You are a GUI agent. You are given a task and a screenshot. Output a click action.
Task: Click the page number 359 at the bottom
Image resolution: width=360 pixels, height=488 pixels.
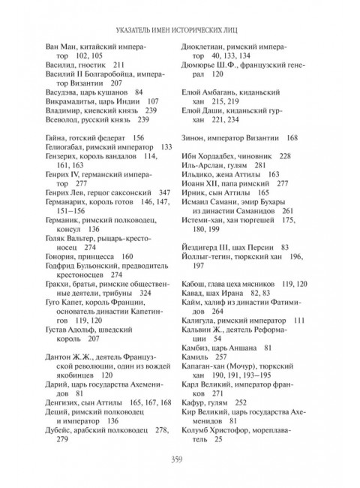180,459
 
